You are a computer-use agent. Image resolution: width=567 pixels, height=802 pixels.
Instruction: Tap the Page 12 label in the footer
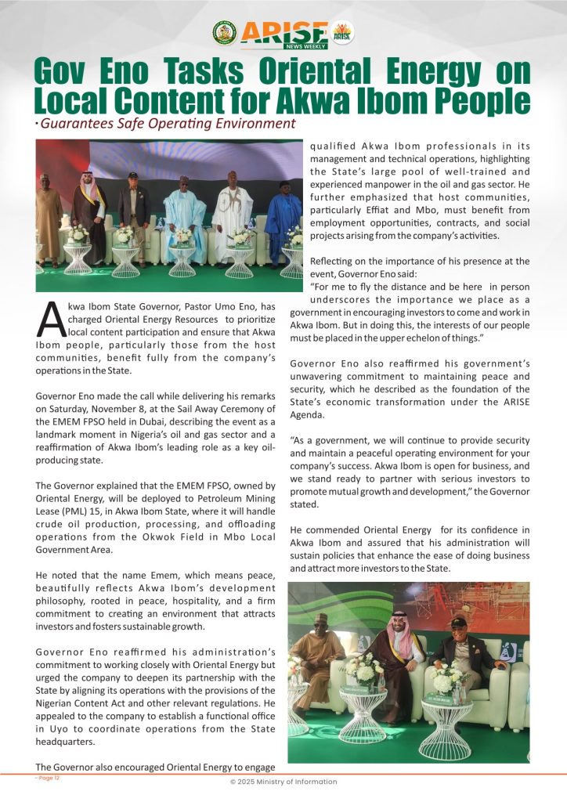pos(48,778)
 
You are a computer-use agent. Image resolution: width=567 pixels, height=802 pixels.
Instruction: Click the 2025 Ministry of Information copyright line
pos(283,782)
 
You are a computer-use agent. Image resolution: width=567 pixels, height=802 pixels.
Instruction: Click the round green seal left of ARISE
pos(224,32)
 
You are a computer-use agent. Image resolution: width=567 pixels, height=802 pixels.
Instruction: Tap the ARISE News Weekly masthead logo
pos(283,33)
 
